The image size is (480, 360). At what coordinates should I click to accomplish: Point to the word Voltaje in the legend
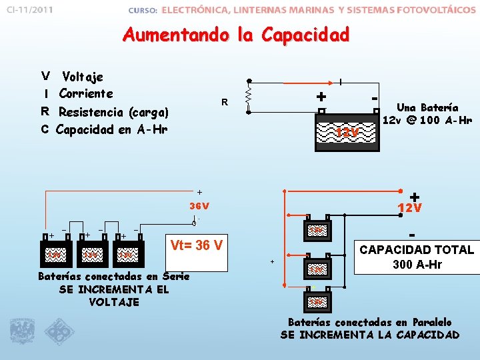tap(83, 77)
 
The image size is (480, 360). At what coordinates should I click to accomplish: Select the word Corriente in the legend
tap(86, 93)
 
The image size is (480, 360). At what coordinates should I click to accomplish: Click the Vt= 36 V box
tap(197, 245)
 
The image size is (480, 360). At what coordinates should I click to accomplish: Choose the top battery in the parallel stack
tap(318, 231)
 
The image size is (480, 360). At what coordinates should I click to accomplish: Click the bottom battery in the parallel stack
tap(318, 302)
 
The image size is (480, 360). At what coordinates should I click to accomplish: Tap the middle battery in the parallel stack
tap(318, 268)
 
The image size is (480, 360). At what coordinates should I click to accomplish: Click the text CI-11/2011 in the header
tap(31, 11)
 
